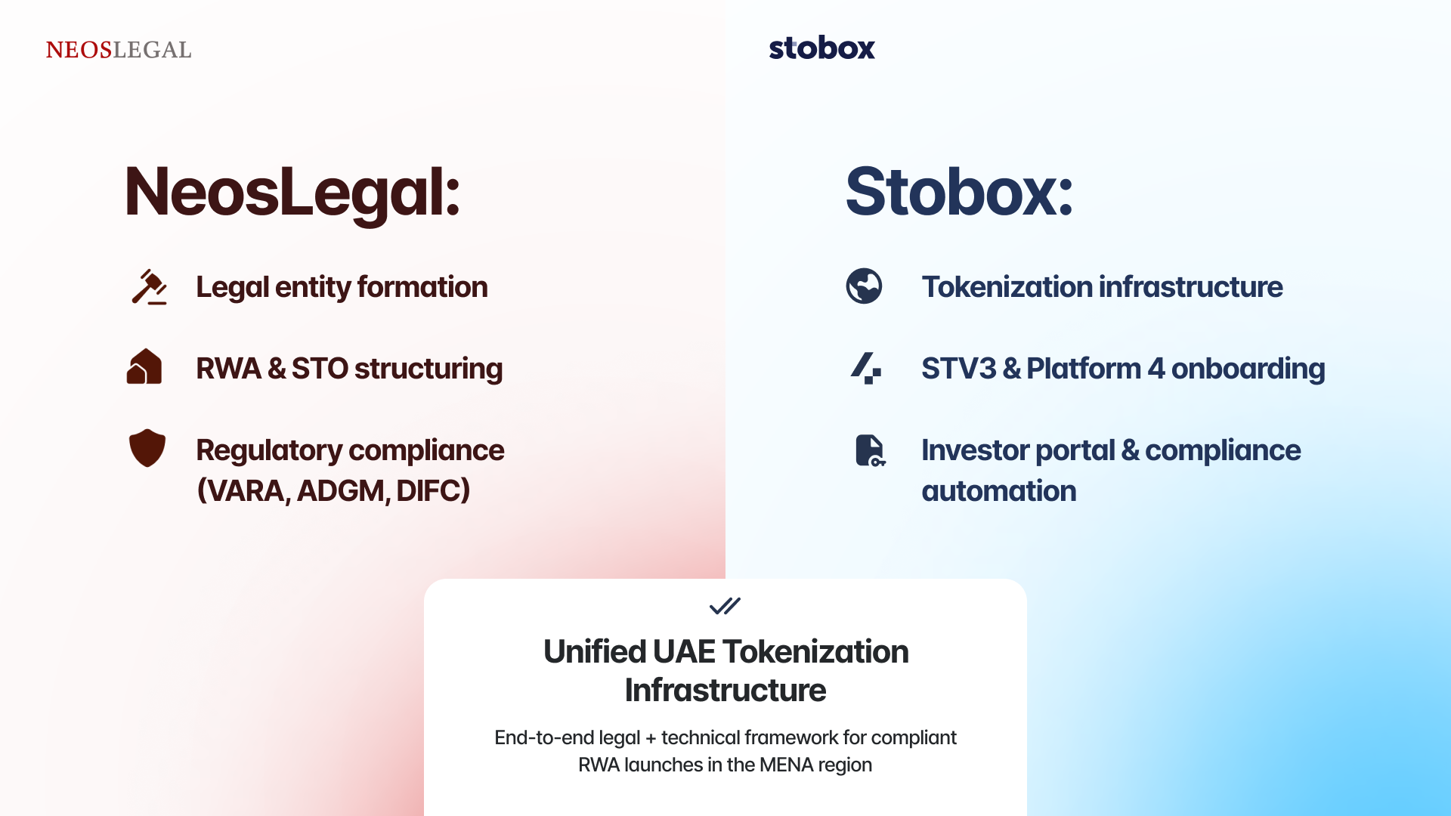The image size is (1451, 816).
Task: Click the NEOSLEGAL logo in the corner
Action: coord(119,50)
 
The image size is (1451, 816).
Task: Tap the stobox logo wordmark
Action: coord(821,48)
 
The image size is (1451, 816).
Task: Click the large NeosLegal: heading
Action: coord(292,194)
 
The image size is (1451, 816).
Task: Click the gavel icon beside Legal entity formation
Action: coord(149,287)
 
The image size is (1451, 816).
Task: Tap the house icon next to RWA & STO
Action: coord(144,366)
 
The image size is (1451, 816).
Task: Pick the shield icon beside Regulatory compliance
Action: coord(147,448)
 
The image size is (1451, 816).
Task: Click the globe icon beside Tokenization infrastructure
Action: coord(864,286)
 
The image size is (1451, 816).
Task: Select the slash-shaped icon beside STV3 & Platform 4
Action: coord(866,368)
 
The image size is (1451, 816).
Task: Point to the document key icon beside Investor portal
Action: coord(870,450)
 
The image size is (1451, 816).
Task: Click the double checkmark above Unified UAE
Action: coord(725,606)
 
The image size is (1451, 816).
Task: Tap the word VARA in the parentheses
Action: coord(246,491)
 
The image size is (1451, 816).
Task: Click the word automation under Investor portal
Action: coord(999,491)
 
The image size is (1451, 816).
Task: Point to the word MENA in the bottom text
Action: coord(787,765)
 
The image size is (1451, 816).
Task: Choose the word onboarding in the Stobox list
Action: coord(1248,369)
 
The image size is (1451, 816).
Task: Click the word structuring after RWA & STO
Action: coord(428,369)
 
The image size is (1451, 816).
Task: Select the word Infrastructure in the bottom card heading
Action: coord(725,691)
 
